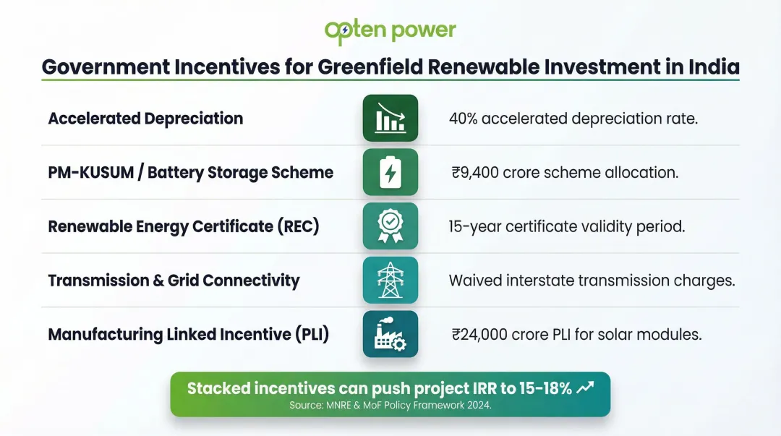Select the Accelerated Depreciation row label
pyautogui.click(x=145, y=119)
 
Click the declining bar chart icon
pyautogui.click(x=390, y=118)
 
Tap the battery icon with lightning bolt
pyautogui.click(x=390, y=172)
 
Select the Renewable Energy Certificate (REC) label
pyautogui.click(x=184, y=226)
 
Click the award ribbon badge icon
pyautogui.click(x=390, y=226)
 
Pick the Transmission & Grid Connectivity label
pyautogui.click(x=174, y=281)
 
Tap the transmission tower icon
pyautogui.click(x=390, y=280)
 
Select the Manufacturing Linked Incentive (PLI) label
pyautogui.click(x=189, y=335)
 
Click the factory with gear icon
pyautogui.click(x=390, y=334)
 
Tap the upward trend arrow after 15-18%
pyautogui.click(x=585, y=388)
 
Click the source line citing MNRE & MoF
pyautogui.click(x=390, y=405)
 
